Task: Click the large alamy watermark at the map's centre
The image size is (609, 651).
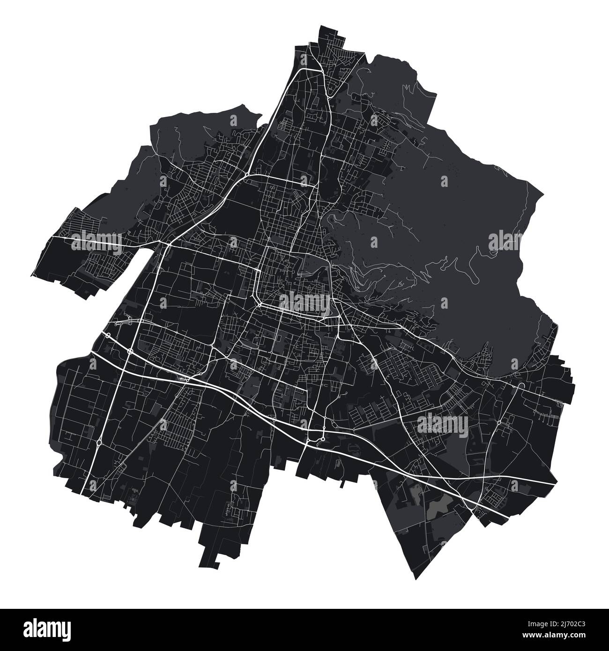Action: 304,302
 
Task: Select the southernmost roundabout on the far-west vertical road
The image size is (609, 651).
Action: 100,442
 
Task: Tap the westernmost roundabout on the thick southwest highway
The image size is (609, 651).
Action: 108,335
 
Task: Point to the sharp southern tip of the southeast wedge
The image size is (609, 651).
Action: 412,579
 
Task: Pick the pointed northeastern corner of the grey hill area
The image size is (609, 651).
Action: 543,192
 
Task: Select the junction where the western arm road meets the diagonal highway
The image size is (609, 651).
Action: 168,244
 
